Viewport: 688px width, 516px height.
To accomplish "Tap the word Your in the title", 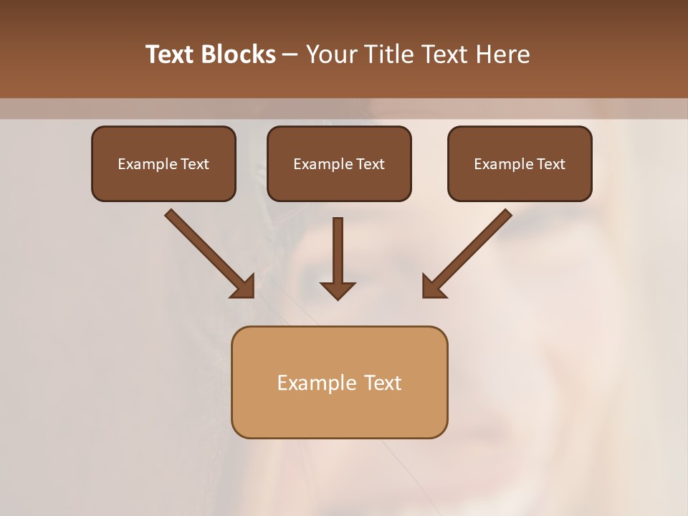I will [332, 54].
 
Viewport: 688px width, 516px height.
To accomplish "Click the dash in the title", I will [290, 54].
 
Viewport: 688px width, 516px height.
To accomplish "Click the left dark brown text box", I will [163, 163].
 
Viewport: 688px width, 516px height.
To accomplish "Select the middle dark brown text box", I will [339, 163].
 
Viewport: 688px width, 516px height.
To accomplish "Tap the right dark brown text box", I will [520, 163].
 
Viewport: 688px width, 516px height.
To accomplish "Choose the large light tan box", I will [339, 382].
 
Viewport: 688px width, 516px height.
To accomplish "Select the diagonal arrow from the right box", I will [467, 253].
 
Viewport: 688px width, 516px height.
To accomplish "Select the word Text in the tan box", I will [383, 383].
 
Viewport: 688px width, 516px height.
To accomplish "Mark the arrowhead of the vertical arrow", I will [338, 290].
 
